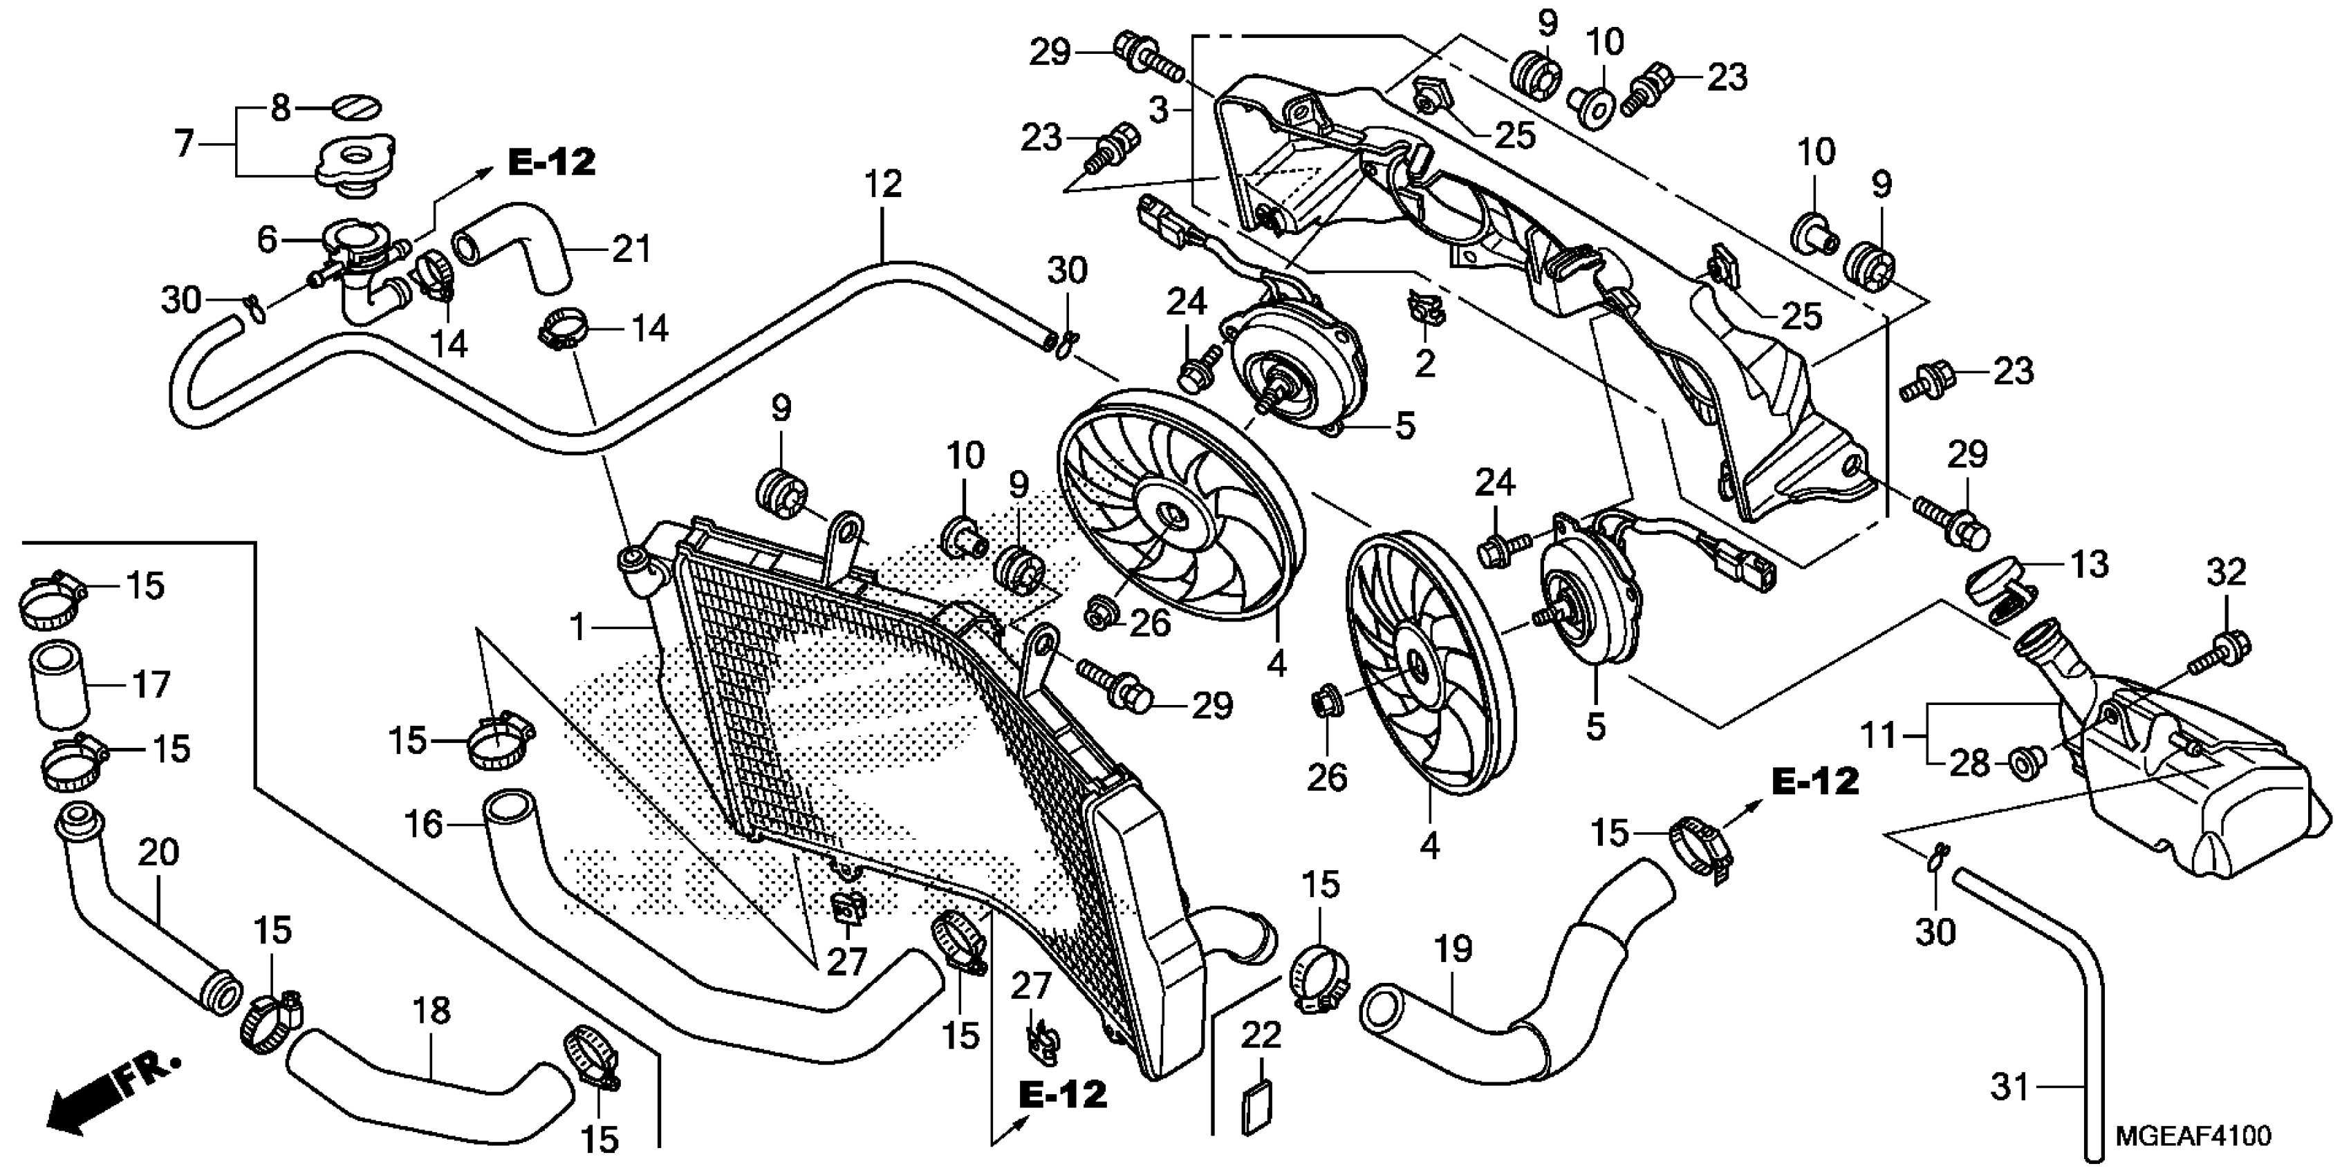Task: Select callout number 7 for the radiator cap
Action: pos(186,143)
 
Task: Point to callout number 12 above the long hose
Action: pos(882,185)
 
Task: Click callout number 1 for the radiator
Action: pos(577,628)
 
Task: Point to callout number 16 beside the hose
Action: pos(422,825)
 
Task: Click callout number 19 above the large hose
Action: pos(1453,950)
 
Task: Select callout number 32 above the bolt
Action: pos(2227,573)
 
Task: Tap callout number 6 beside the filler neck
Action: pos(266,240)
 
